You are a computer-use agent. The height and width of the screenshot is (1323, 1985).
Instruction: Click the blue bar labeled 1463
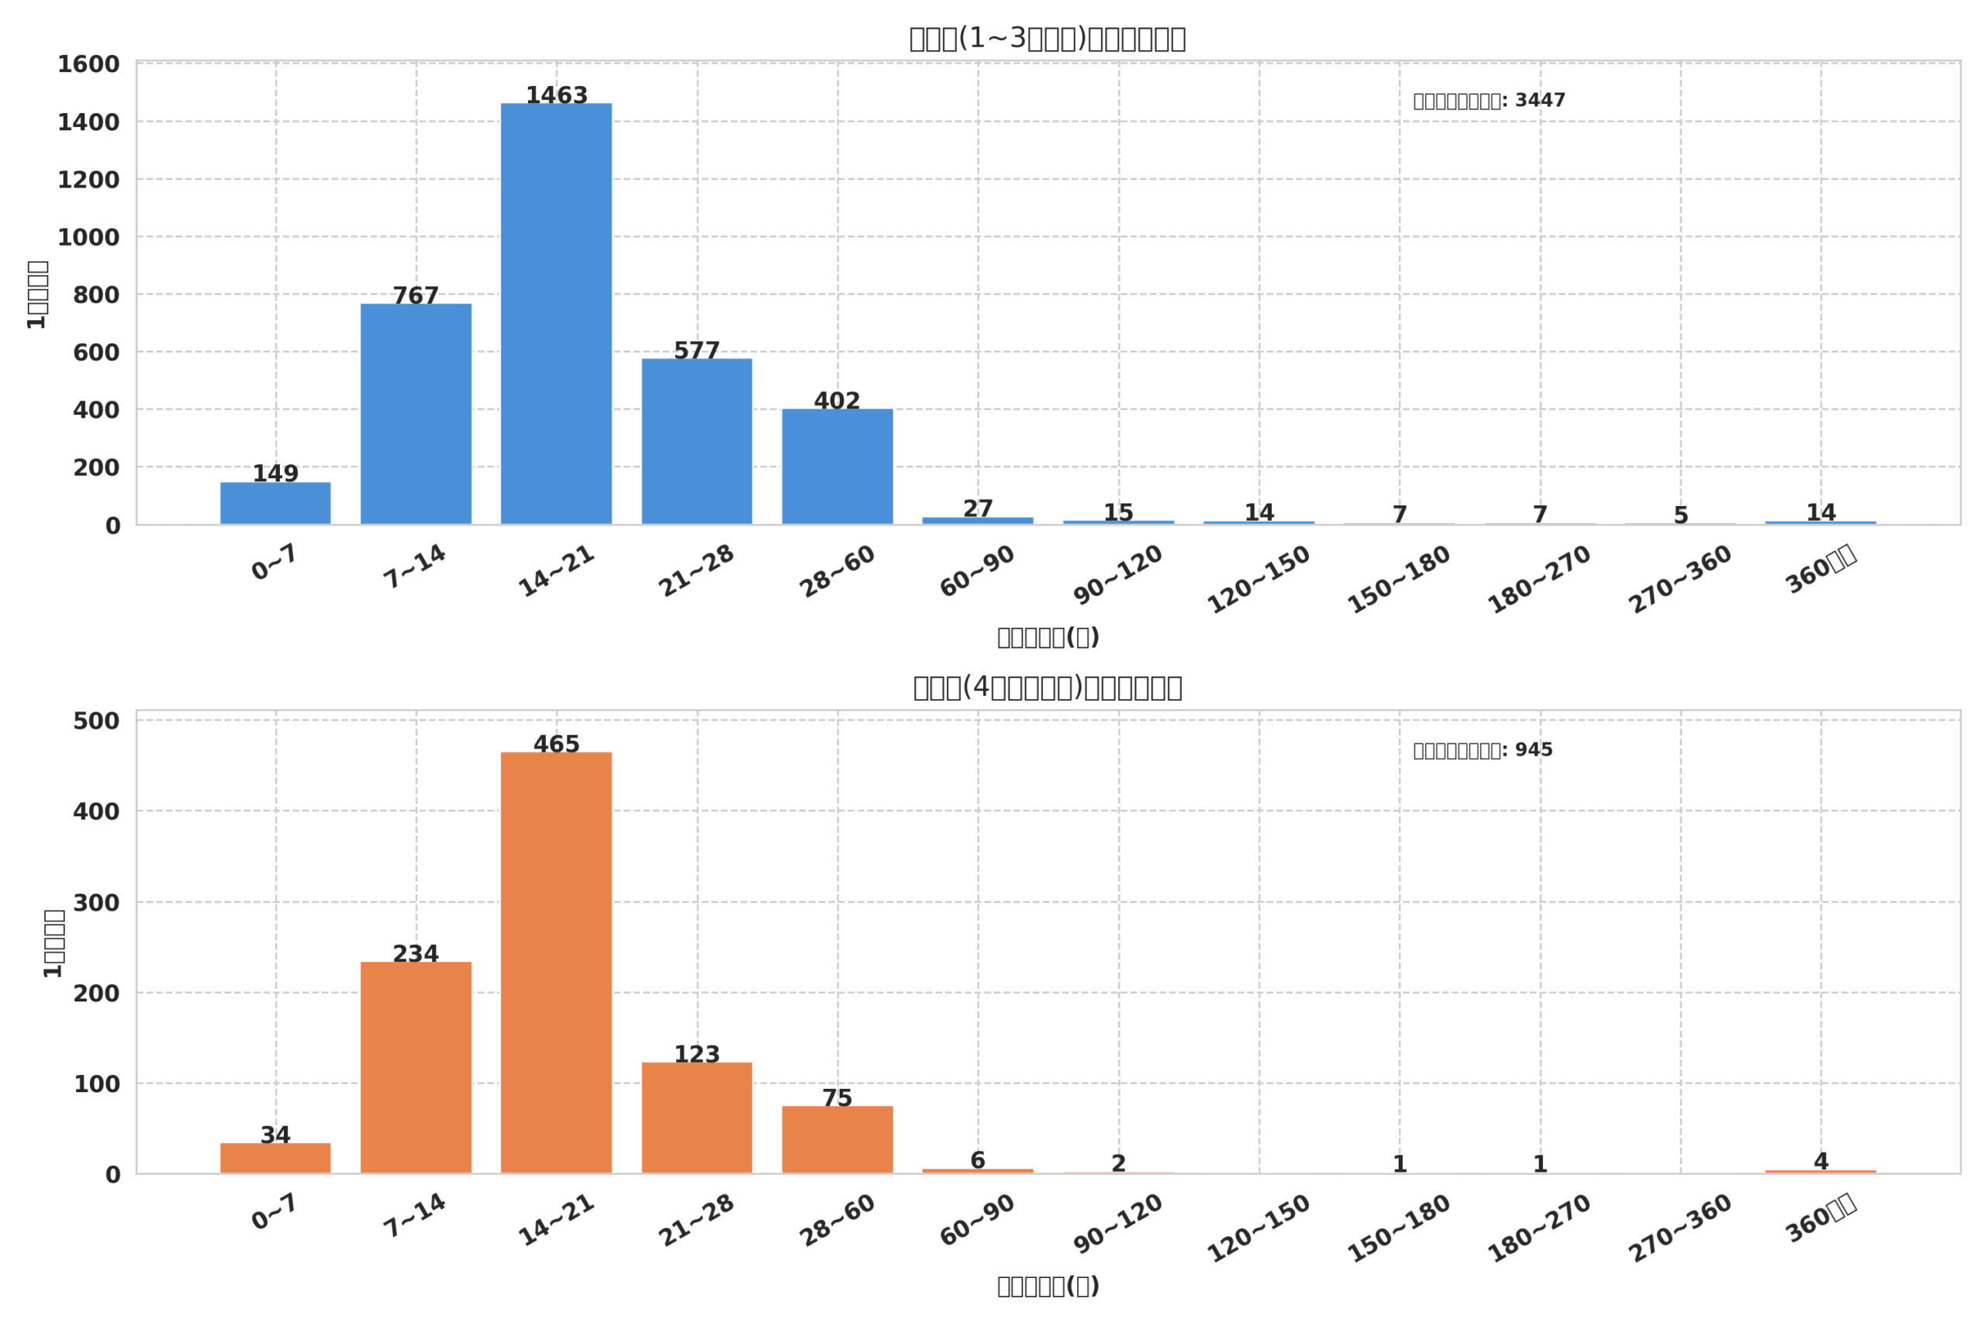click(556, 313)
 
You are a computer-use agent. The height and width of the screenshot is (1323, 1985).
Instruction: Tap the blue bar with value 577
click(696, 441)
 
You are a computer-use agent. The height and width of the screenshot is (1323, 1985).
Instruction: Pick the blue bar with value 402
click(837, 467)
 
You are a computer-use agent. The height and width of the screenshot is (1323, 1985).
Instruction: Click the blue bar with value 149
click(275, 503)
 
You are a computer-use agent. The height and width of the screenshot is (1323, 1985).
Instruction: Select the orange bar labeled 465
click(556, 962)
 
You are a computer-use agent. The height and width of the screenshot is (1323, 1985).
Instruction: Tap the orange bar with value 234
click(416, 1066)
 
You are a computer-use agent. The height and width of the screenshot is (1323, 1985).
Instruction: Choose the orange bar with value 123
click(696, 1117)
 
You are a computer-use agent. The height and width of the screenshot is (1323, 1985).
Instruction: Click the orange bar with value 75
click(837, 1139)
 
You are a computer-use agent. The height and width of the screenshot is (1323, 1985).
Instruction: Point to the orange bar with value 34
click(275, 1158)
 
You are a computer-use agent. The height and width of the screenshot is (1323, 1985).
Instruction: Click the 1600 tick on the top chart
click(88, 64)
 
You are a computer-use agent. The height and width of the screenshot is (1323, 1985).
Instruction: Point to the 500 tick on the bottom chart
click(95, 721)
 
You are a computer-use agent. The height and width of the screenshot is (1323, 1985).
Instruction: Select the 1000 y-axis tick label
click(88, 237)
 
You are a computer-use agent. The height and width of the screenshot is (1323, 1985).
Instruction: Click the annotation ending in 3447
click(1489, 101)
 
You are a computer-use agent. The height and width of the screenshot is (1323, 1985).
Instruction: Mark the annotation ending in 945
click(1483, 750)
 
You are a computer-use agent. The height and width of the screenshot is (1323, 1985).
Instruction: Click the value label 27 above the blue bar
click(977, 508)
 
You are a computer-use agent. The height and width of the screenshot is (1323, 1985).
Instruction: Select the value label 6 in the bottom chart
click(977, 1160)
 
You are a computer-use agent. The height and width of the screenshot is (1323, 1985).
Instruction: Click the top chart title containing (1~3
click(1047, 38)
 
